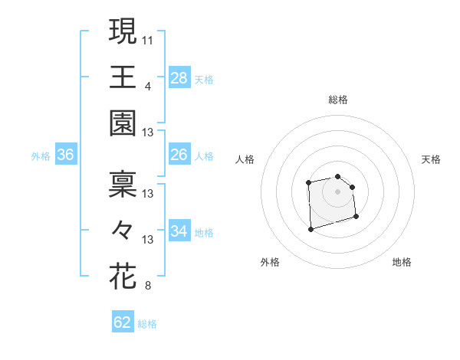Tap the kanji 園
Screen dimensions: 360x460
[x=123, y=124]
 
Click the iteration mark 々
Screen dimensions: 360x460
[x=123, y=230]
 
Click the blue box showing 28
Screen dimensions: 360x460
[x=179, y=77]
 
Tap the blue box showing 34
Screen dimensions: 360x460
[x=179, y=231]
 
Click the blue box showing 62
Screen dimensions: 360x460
[x=123, y=322]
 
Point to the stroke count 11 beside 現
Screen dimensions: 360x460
[x=148, y=38]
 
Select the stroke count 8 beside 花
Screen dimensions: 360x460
[x=148, y=286]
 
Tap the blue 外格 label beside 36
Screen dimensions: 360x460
[x=41, y=156]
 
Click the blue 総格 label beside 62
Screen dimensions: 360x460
[x=147, y=324]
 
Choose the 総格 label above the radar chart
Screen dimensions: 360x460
[x=338, y=100]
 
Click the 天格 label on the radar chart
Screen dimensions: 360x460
[x=431, y=159]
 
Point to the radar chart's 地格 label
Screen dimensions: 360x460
[x=402, y=262]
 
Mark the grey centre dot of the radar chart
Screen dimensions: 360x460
[x=337, y=191]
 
